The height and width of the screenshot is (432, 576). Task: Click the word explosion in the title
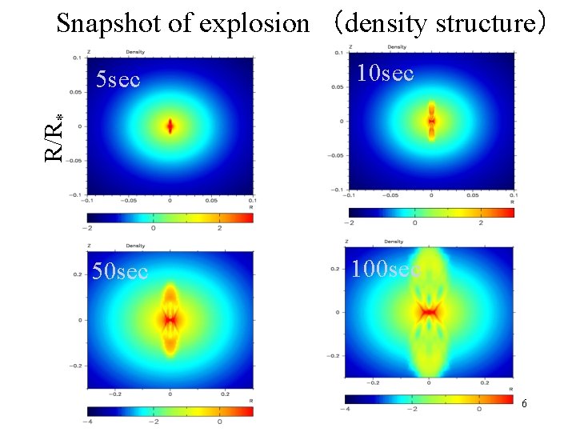[254, 23]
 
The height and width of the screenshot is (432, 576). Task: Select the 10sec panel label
[385, 74]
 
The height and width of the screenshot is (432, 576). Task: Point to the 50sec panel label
[120, 271]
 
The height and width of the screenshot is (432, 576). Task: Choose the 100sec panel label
[386, 269]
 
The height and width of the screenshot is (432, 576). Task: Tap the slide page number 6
[524, 404]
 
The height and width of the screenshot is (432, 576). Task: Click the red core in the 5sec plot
[170, 126]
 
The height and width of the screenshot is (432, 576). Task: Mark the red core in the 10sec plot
[431, 122]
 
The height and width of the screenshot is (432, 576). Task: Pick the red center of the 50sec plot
[170, 319]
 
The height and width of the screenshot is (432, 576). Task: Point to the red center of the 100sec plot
[429, 311]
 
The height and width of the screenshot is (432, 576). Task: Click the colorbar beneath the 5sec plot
[170, 218]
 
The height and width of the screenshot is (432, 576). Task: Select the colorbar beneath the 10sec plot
[431, 212]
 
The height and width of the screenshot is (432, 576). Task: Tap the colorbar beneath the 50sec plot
[170, 410]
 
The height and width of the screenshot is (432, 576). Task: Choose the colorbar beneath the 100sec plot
[429, 398]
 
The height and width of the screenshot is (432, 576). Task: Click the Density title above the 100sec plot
[394, 241]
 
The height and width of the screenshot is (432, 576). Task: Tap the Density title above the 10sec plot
[397, 47]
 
